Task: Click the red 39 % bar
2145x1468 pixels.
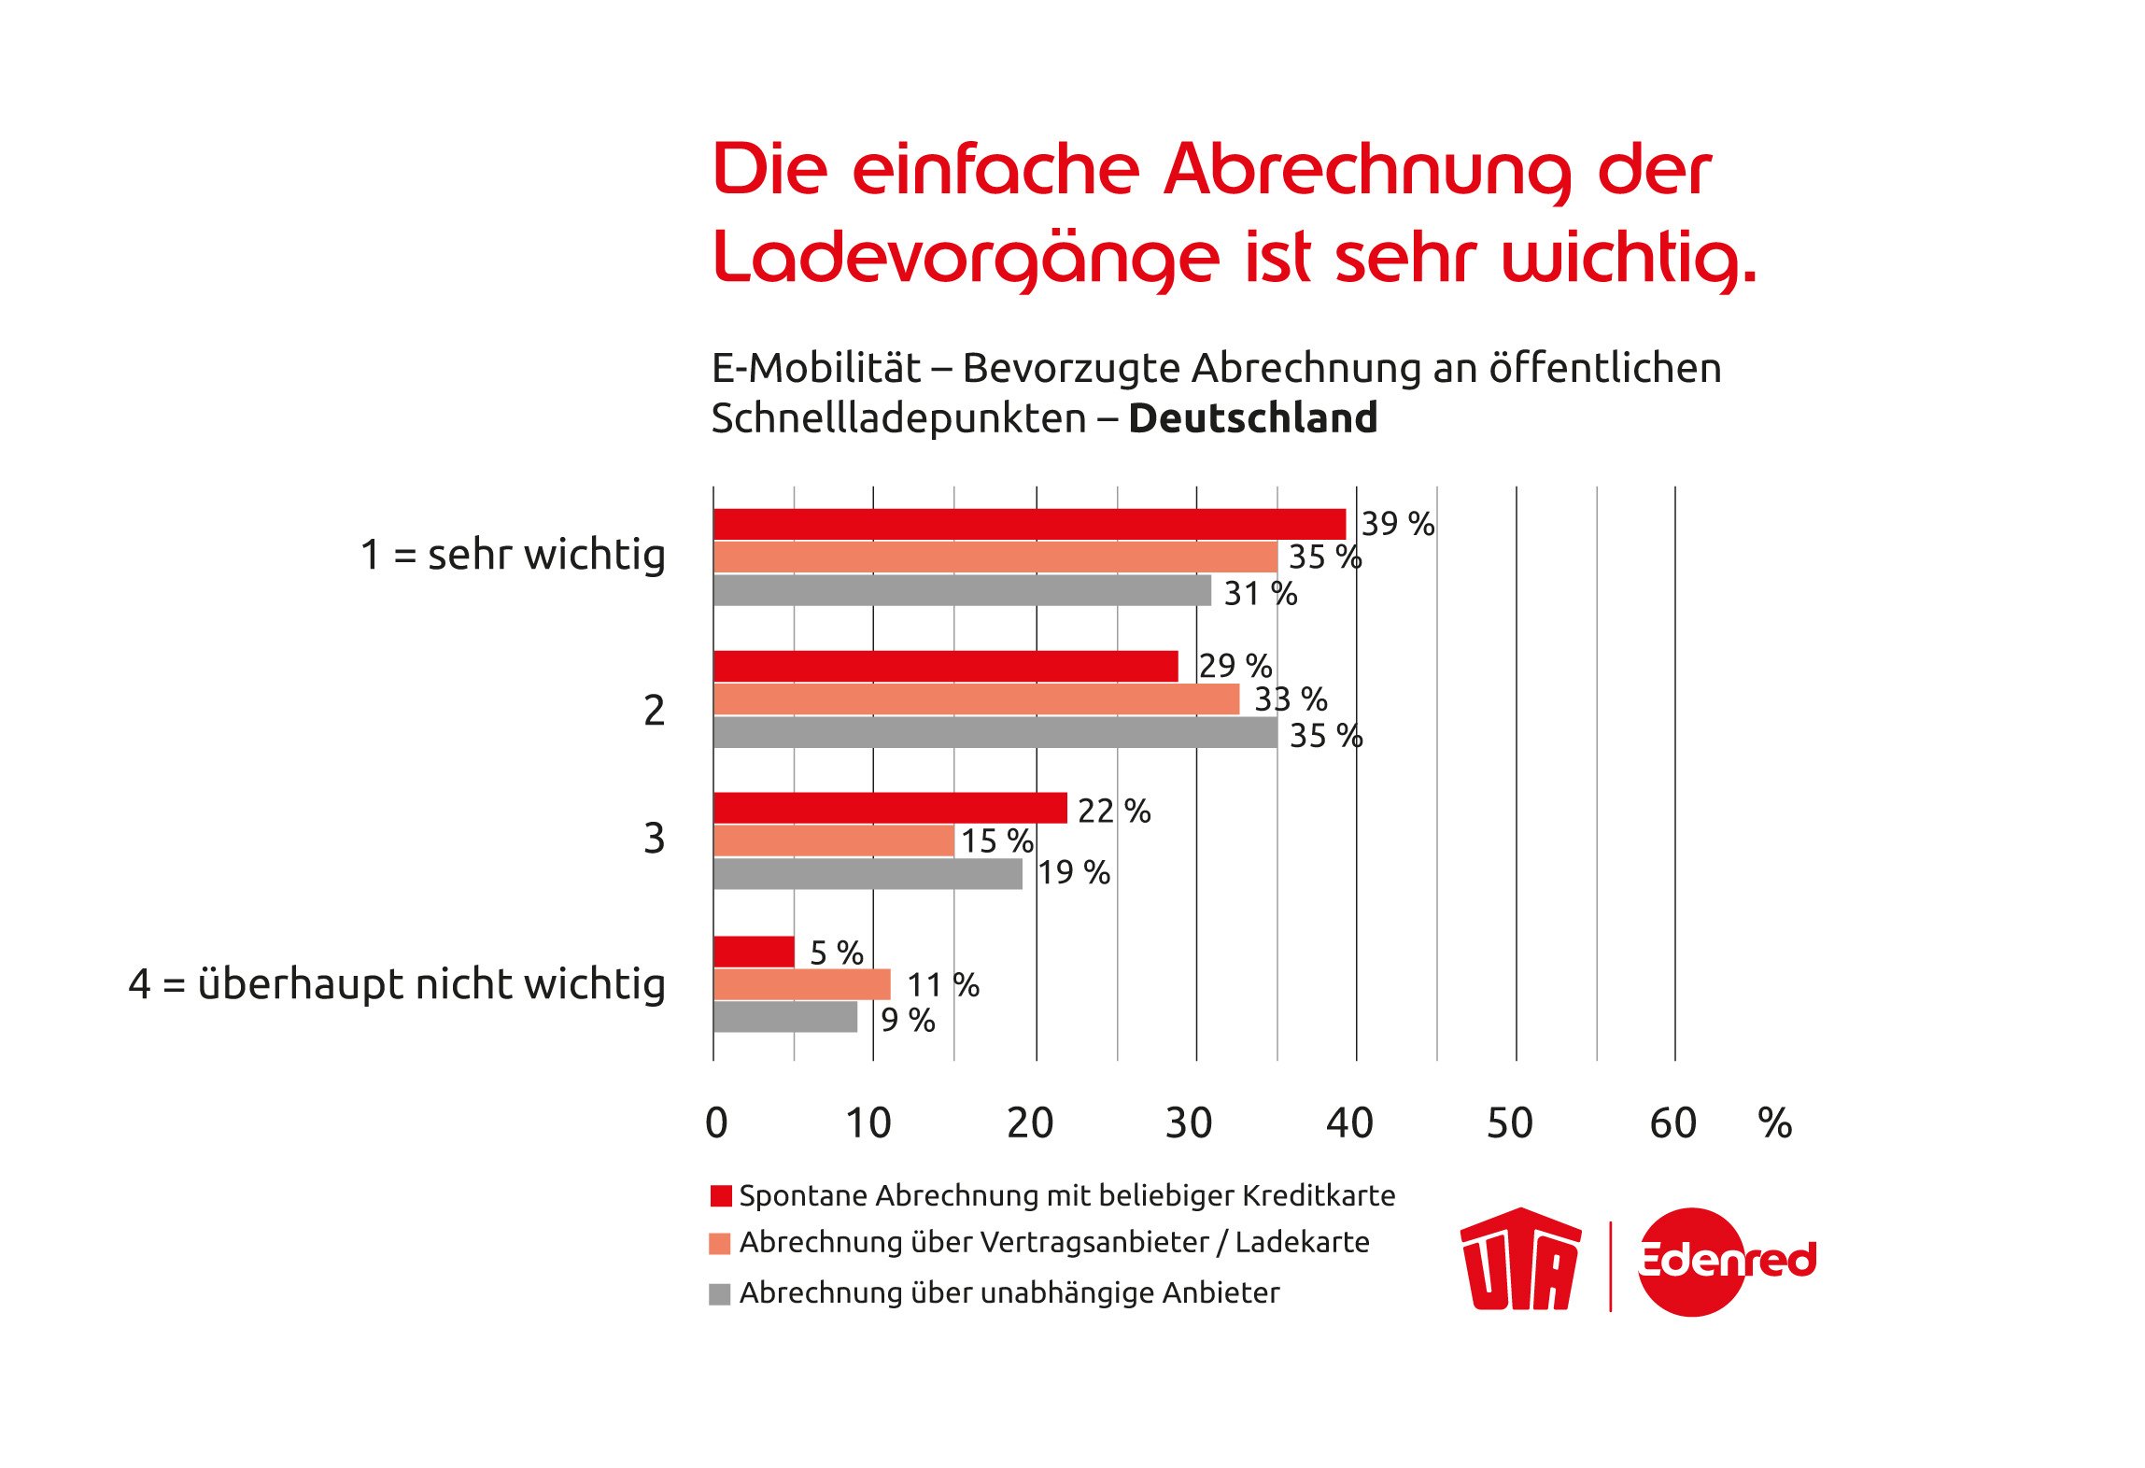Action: [x=1029, y=524]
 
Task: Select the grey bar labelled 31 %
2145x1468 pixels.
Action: [x=962, y=590]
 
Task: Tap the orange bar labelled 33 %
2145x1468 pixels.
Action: [x=976, y=699]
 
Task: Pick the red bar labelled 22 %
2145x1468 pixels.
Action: [x=890, y=808]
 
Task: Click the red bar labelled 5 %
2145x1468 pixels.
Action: [x=754, y=952]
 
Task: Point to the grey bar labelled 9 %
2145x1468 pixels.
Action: [x=785, y=1017]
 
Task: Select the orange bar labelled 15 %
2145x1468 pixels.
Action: [x=833, y=840]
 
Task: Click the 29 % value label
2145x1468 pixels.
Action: [x=1235, y=666]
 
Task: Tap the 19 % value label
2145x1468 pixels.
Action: [x=1074, y=872]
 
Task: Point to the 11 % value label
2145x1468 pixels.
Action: [x=943, y=984]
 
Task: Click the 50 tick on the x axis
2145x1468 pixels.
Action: [x=1510, y=1122]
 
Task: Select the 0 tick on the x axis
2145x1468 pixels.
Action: [x=716, y=1122]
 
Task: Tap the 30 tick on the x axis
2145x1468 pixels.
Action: [x=1189, y=1122]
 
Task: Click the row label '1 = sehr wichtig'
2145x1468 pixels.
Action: [x=513, y=555]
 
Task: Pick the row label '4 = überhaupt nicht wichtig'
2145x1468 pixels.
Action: [x=397, y=984]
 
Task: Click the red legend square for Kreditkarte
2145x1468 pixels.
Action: [x=721, y=1196]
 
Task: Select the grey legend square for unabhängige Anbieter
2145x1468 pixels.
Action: [x=720, y=1294]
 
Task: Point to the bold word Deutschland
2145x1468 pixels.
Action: [x=1253, y=418]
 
